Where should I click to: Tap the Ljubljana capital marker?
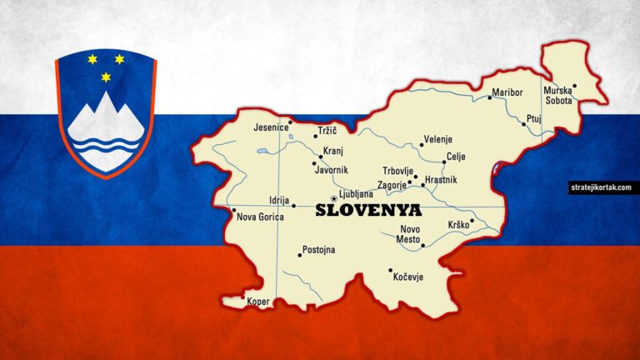tap(333, 197)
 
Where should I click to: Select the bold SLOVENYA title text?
tap(369, 211)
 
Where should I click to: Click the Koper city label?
tap(259, 302)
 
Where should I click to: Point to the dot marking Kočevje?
tap(390, 270)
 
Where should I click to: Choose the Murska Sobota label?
tap(557, 94)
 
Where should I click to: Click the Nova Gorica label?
tap(261, 217)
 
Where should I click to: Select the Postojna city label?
tap(318, 250)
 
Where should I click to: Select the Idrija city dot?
tap(293, 205)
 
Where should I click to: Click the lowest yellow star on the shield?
tap(106, 77)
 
